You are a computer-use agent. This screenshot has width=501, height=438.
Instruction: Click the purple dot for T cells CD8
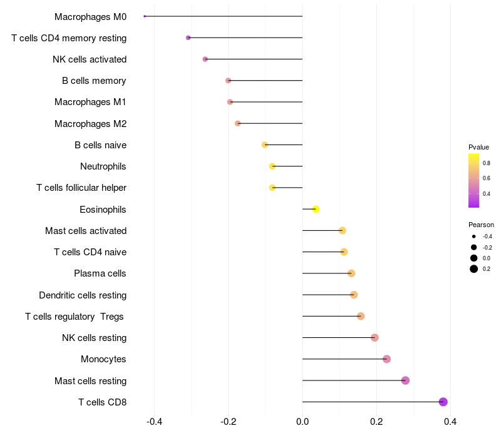click(443, 402)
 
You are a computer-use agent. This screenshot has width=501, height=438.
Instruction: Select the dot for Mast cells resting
click(405, 380)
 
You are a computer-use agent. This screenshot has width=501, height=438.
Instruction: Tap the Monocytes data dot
click(386, 359)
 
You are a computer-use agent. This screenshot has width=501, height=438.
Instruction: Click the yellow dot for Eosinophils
click(316, 209)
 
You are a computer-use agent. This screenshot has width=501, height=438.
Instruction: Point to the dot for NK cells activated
click(205, 59)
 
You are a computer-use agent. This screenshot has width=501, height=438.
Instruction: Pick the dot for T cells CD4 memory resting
click(188, 38)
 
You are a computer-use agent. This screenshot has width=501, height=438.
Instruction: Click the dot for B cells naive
click(265, 145)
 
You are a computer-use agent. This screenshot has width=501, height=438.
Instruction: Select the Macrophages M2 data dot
click(237, 123)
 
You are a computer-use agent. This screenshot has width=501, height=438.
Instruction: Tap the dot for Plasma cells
click(351, 273)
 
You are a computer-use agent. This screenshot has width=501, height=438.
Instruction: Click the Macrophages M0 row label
click(90, 17)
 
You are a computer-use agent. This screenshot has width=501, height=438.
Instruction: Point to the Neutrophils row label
click(103, 166)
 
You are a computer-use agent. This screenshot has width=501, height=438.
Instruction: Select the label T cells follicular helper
click(81, 188)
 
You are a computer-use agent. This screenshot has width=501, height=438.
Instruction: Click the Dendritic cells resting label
click(83, 295)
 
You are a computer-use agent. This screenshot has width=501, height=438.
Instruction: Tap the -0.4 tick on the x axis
click(155, 422)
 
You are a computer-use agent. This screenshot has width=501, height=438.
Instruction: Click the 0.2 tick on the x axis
click(376, 422)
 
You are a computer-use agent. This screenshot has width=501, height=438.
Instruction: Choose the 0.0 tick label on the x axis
click(302, 422)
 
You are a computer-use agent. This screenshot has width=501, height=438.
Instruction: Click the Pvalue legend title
click(478, 147)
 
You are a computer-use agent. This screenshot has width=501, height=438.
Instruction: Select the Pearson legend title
click(481, 225)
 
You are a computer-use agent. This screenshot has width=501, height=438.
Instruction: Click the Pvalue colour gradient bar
click(474, 180)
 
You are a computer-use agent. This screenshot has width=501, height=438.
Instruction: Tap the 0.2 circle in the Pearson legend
click(474, 269)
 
